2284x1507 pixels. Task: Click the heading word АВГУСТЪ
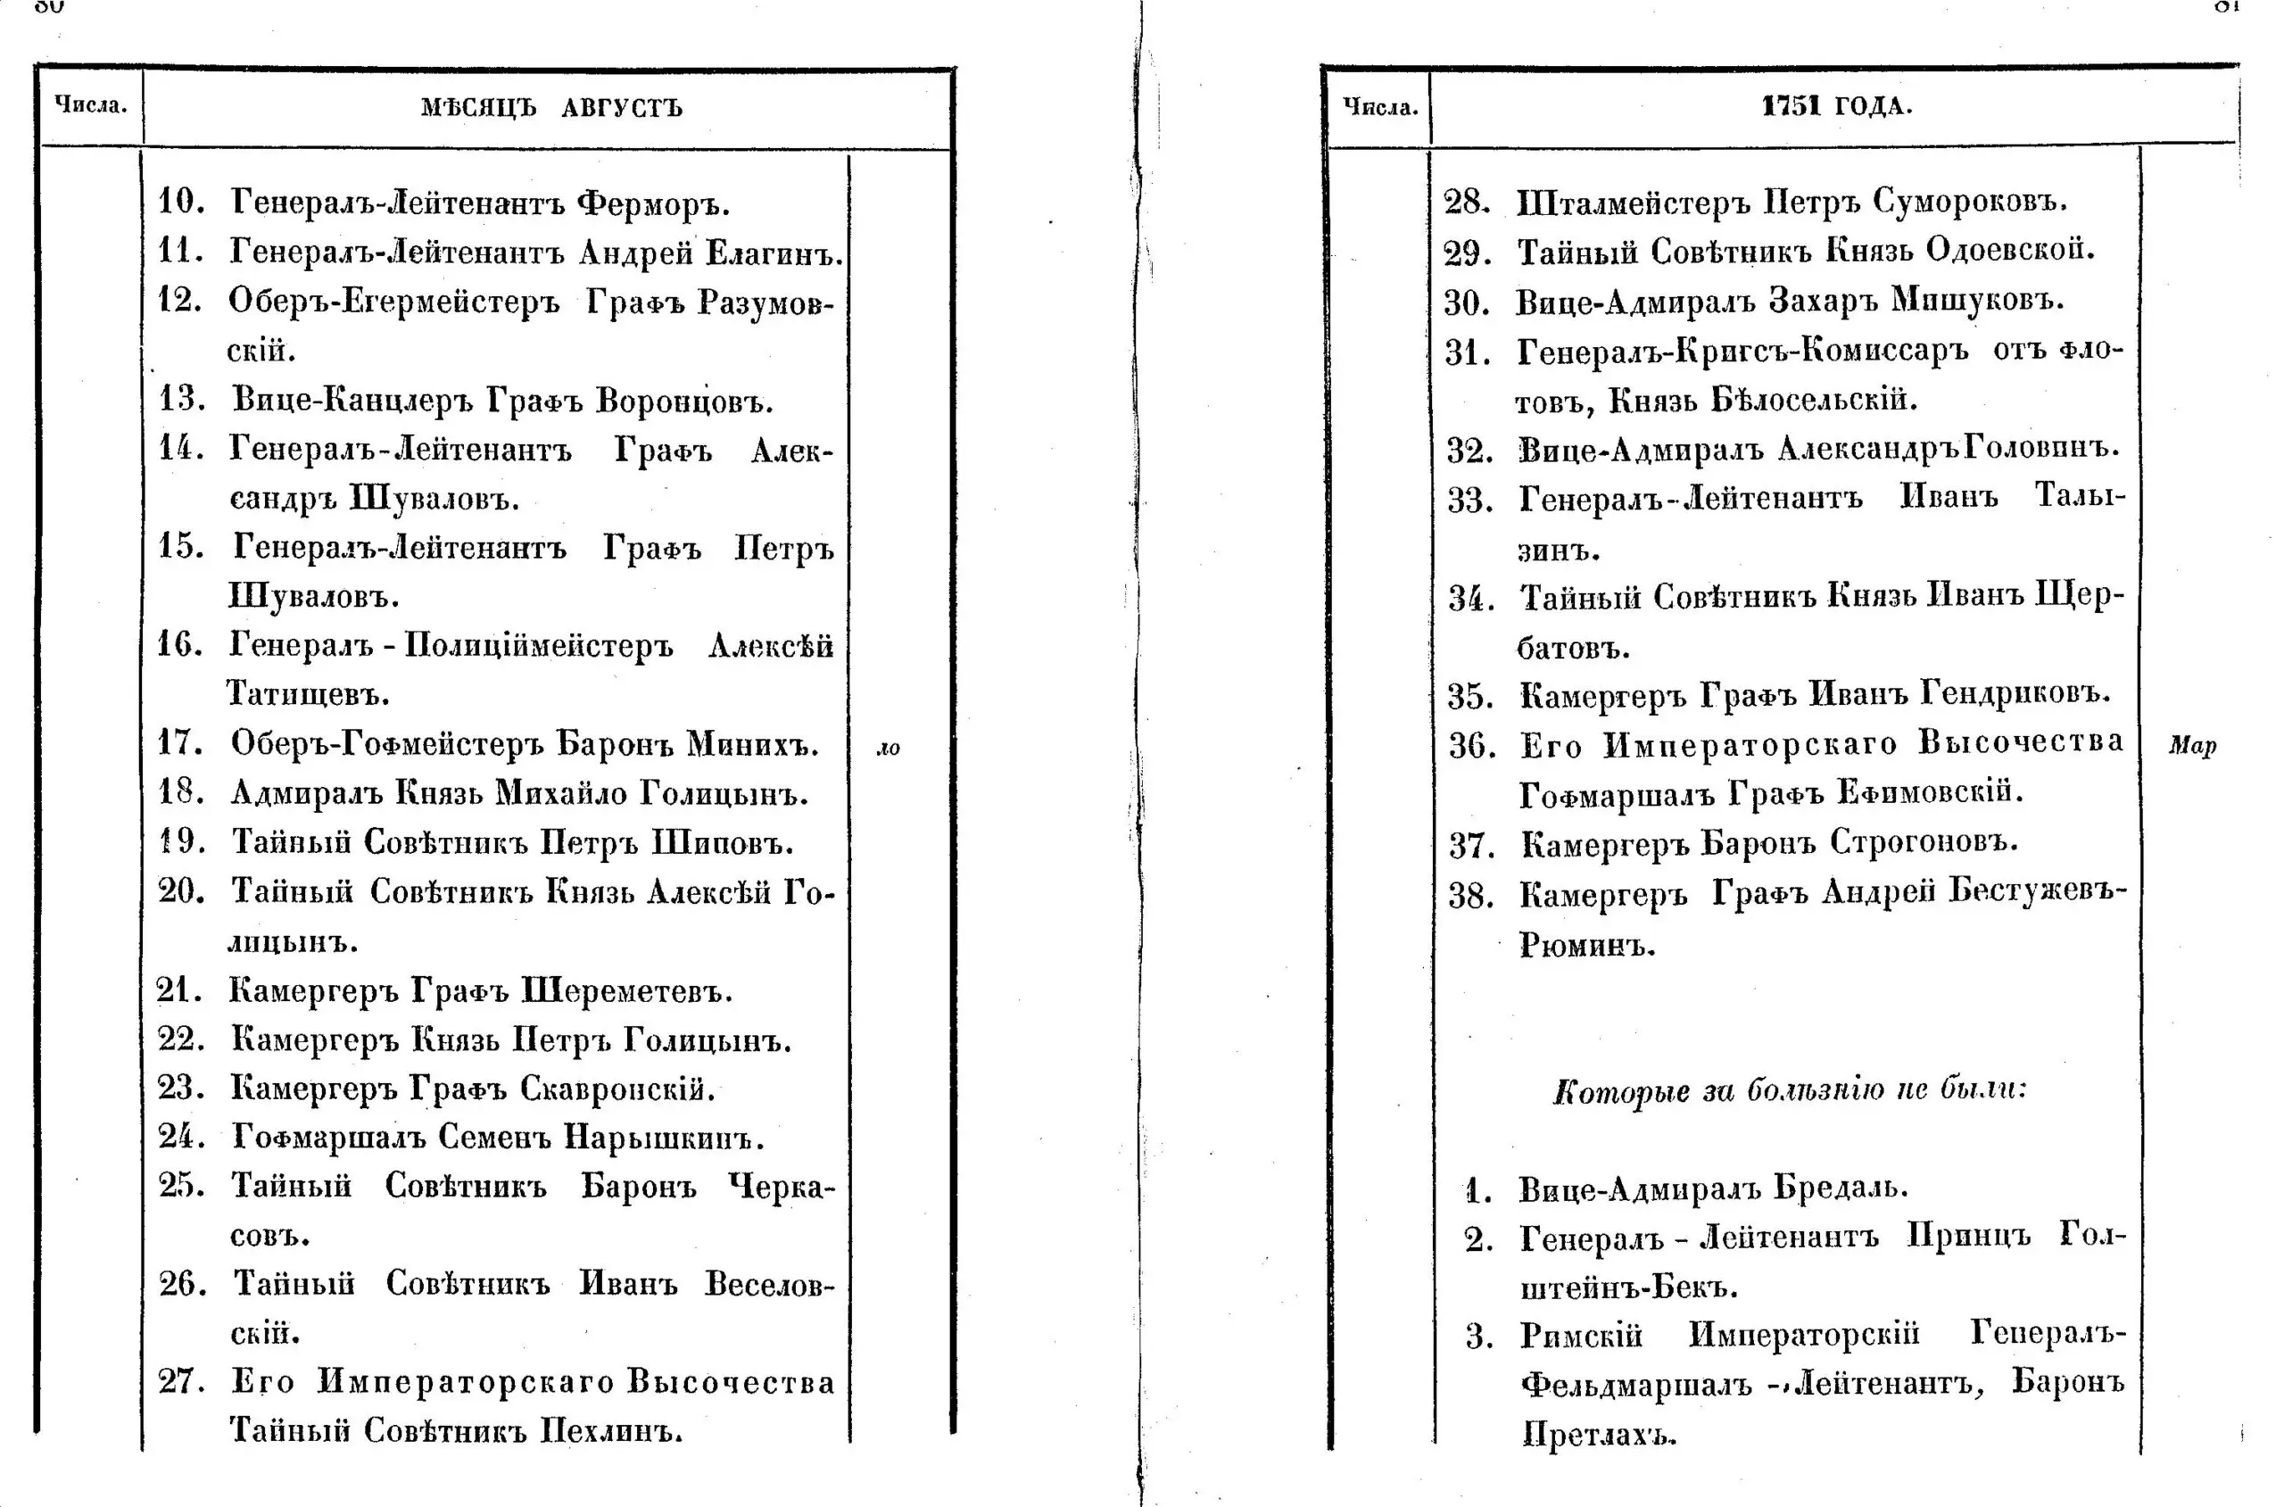[622, 107]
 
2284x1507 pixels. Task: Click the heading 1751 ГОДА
[1836, 104]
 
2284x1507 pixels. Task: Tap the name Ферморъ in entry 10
[652, 203]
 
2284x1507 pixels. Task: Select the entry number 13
[180, 399]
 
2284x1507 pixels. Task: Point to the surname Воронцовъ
[684, 400]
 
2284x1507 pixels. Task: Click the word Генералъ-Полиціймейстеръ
[451, 645]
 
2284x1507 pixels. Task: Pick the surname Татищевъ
[308, 694]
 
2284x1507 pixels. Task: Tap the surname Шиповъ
[723, 843]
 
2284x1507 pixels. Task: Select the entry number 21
[178, 989]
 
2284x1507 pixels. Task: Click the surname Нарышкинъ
[663, 1138]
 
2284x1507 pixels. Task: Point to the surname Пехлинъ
[610, 1431]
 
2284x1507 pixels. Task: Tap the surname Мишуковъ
[1976, 301]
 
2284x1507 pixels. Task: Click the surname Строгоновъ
[1923, 843]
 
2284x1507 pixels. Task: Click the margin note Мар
[2192, 746]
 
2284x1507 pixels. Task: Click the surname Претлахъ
[1599, 1434]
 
